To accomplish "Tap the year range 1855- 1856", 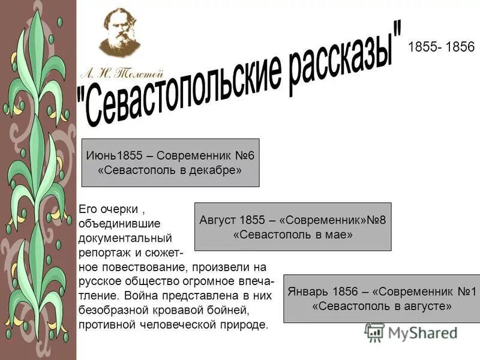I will pyautogui.click(x=441, y=47).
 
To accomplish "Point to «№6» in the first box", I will pyautogui.click(x=244, y=155).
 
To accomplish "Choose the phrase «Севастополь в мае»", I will pyautogui.click(x=292, y=235).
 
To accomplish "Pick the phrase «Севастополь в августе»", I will pyautogui.click(x=382, y=307).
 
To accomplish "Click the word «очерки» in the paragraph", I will pyautogui.click(x=116, y=209).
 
